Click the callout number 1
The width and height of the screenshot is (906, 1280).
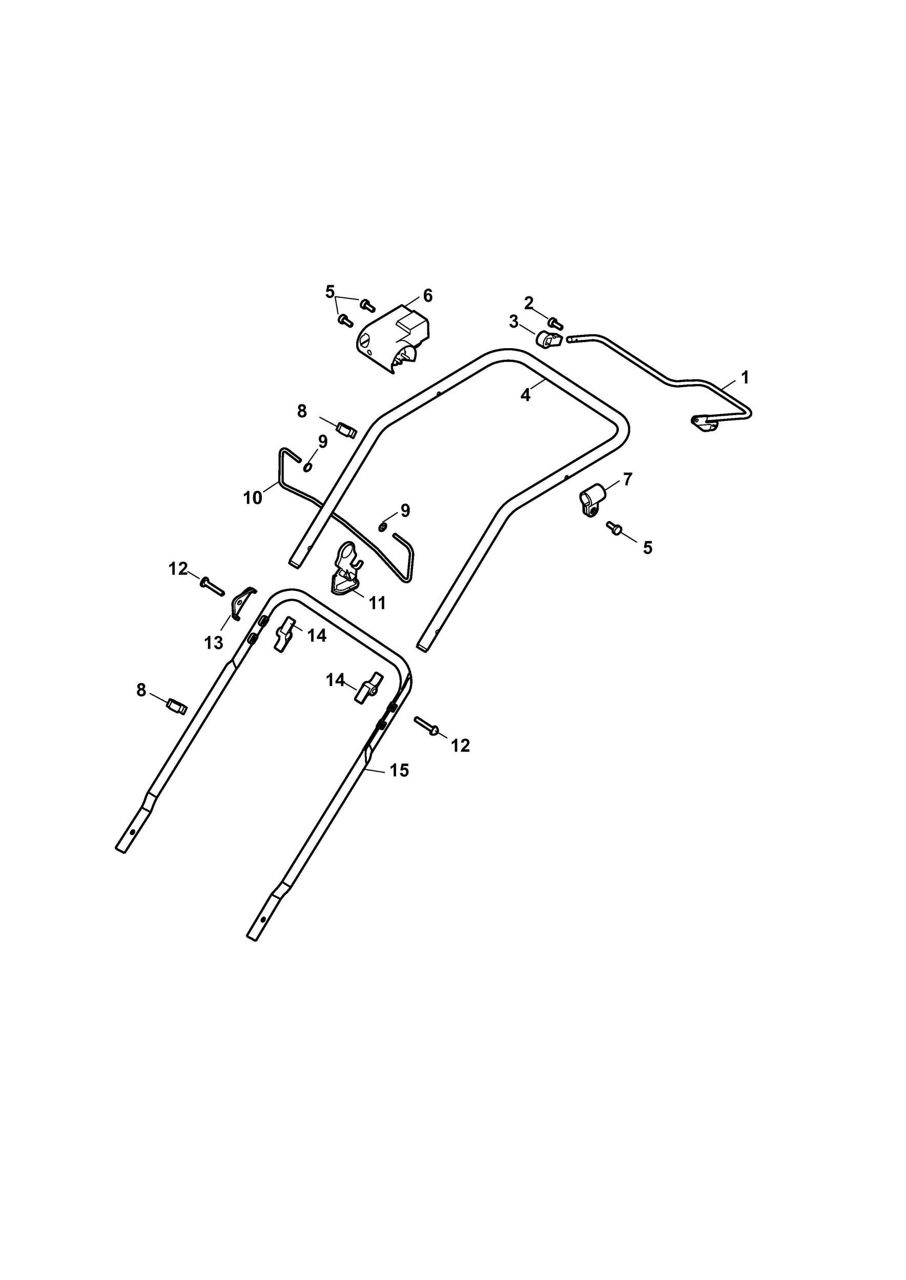tap(745, 378)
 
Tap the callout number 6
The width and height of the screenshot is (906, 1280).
tap(428, 295)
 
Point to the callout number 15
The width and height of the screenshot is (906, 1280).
tap(399, 771)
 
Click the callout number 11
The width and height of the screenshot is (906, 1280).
tap(378, 603)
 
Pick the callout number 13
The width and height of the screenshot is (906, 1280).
tap(214, 643)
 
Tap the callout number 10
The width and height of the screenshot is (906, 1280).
tap(253, 498)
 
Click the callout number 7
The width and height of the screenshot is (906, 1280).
tap(628, 479)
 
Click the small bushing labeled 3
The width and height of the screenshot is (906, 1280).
tap(547, 338)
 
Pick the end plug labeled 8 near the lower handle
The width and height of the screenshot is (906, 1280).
tap(177, 707)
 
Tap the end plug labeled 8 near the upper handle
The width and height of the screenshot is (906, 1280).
tap(346, 430)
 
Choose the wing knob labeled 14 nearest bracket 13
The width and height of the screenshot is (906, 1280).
tap(283, 634)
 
